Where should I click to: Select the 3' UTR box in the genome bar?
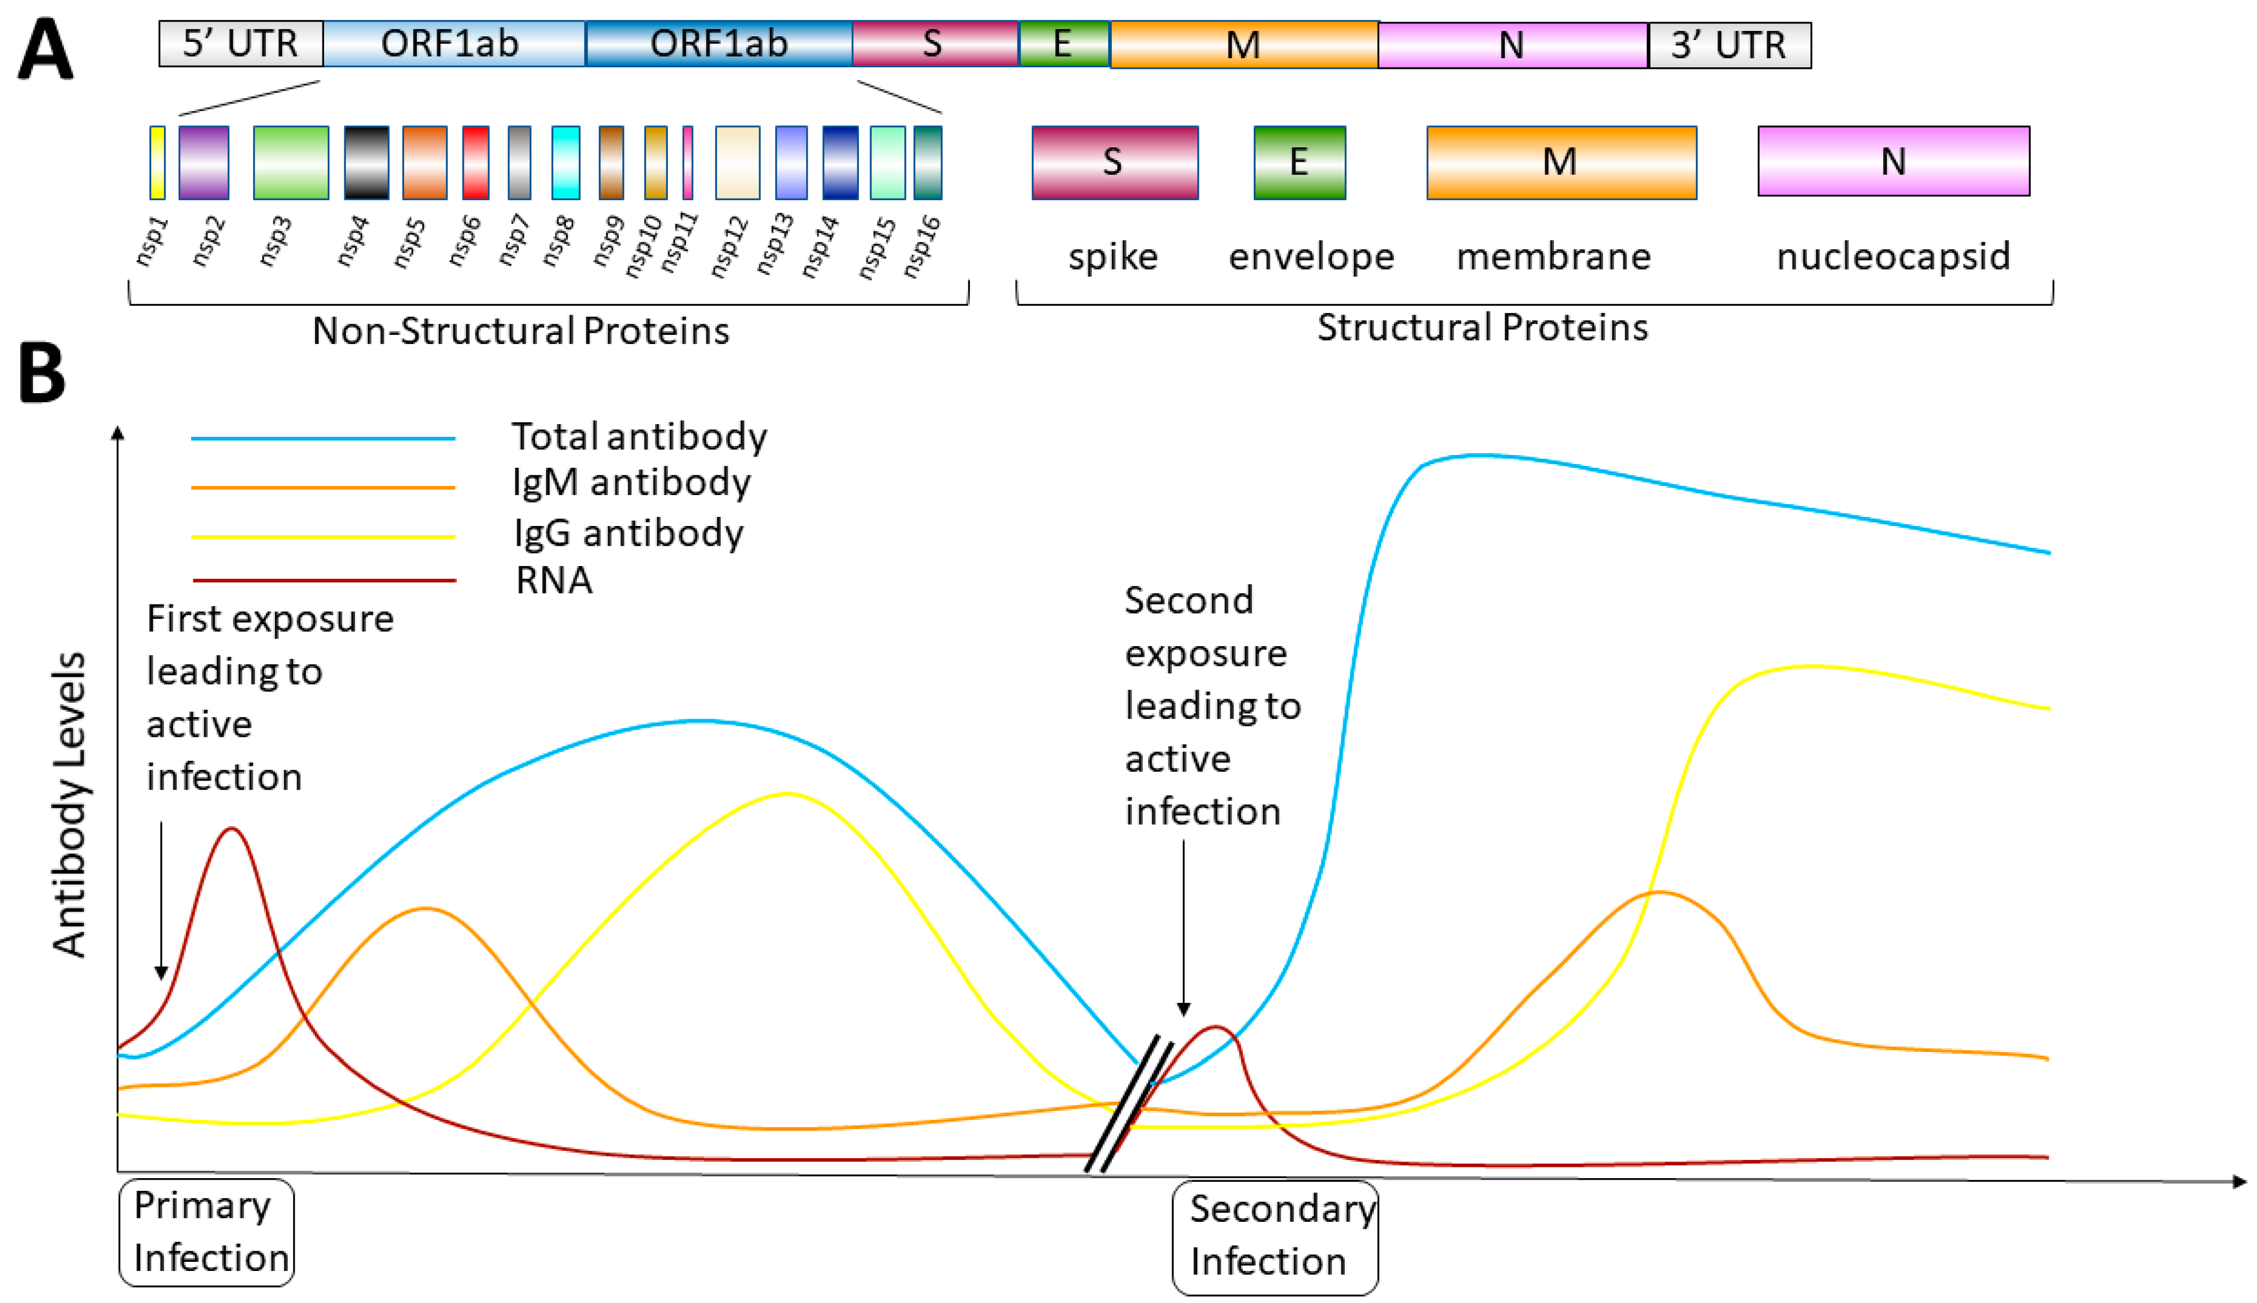tap(1729, 45)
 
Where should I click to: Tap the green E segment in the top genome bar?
tap(1064, 44)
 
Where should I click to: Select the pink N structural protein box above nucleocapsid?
tap(1893, 161)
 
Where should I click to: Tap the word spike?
tap(1113, 257)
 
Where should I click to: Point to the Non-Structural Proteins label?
tap(520, 331)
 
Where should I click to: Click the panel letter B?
tap(42, 373)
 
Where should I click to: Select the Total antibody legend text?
tap(639, 437)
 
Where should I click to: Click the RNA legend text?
tap(554, 580)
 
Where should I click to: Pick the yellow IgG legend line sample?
tap(323, 536)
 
